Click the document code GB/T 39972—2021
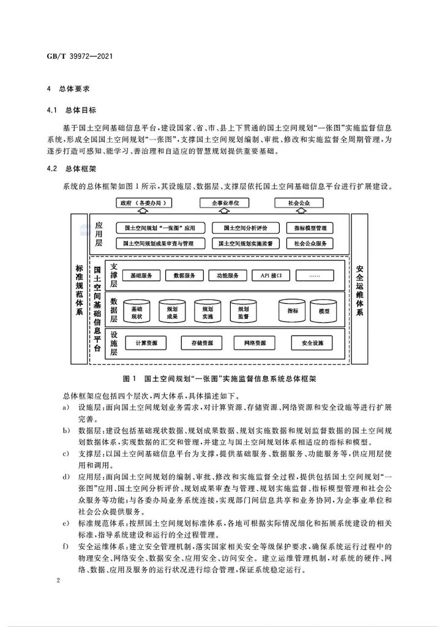pyautogui.click(x=80, y=56)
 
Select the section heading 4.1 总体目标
pyautogui.click(x=72, y=110)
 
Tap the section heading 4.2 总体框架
pyautogui.click(x=72, y=168)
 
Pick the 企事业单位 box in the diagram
pyautogui.click(x=225, y=203)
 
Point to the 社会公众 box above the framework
pyautogui.click(x=299, y=203)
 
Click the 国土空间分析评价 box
pyautogui.click(x=245, y=228)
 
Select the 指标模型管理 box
pyautogui.click(x=310, y=228)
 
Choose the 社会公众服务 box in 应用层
pyautogui.click(x=310, y=243)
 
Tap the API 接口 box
pyautogui.click(x=271, y=276)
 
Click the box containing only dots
pyautogui.click(x=314, y=276)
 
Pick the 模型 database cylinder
pyautogui.click(x=324, y=310)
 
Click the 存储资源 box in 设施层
pyautogui.click(x=202, y=343)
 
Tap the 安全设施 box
pyautogui.click(x=312, y=343)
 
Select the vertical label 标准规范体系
pyautogui.click(x=79, y=289)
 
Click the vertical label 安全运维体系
pyautogui.click(x=359, y=290)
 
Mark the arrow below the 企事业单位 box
pyautogui.click(x=225, y=211)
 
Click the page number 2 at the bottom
pyautogui.click(x=58, y=580)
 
